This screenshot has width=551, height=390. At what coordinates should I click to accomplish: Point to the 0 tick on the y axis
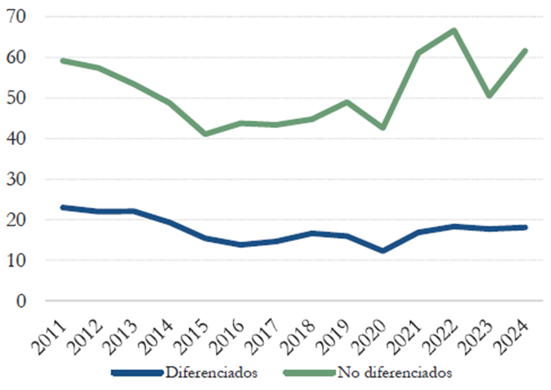(21, 301)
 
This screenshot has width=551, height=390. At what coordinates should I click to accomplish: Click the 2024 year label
(518, 330)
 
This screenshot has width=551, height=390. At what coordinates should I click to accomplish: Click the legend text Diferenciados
(212, 372)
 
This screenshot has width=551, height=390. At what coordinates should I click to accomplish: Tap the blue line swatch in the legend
(136, 372)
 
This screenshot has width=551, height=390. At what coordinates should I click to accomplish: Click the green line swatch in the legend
(308, 372)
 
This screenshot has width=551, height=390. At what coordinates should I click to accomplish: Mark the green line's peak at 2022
(453, 30)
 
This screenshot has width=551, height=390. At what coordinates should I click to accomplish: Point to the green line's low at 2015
(205, 134)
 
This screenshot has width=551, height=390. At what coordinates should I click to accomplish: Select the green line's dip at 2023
(489, 96)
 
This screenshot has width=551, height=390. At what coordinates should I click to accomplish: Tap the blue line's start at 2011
(63, 207)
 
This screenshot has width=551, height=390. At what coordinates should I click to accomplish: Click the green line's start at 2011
(63, 60)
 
